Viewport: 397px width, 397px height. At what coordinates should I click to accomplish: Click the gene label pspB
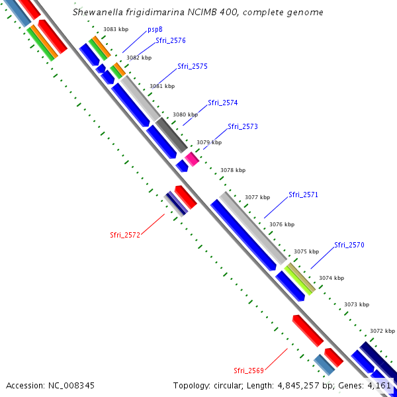tap(155, 29)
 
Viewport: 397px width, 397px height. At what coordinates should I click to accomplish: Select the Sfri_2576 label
tap(171, 41)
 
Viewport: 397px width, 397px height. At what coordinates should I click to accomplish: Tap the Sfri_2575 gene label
tap(193, 66)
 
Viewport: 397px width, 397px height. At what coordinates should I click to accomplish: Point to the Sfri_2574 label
tap(223, 103)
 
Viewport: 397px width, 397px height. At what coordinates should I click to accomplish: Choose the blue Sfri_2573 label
tap(243, 126)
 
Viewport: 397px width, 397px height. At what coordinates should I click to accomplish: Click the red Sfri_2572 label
tap(125, 235)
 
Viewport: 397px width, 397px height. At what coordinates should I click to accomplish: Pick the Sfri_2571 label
tap(304, 195)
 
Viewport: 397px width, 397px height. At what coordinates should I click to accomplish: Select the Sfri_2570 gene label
tap(349, 245)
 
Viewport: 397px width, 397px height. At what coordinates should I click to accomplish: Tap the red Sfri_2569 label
tap(249, 370)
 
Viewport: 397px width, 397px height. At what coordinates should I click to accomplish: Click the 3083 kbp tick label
tap(116, 29)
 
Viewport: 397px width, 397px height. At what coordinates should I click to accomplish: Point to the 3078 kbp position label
tap(233, 170)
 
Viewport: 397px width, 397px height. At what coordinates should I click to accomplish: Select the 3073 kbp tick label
tap(356, 304)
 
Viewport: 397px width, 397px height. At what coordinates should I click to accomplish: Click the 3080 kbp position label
tap(185, 114)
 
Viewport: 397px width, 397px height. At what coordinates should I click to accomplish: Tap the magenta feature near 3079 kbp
tap(192, 159)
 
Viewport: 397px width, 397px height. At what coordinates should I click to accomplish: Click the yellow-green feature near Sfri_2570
tap(300, 279)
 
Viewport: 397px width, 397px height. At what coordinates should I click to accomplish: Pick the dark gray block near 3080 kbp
tap(172, 134)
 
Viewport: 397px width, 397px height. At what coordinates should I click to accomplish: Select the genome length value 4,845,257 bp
tap(308, 385)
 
